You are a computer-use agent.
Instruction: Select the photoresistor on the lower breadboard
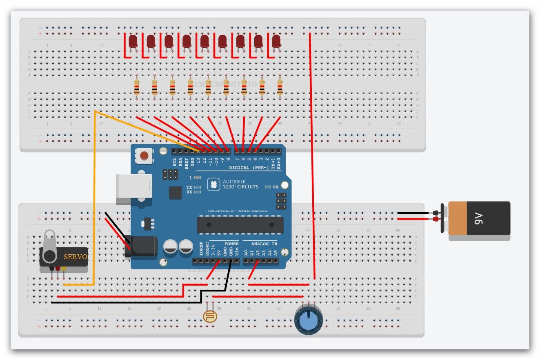(210, 316)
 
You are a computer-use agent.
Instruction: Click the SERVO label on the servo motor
(76, 257)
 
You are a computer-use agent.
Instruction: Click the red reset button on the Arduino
(144, 156)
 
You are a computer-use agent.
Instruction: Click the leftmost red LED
(133, 41)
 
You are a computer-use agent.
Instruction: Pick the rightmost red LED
(276, 41)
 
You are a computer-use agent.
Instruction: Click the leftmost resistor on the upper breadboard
(137, 87)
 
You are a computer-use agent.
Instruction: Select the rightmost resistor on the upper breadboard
(280, 87)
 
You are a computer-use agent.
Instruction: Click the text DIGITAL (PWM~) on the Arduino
(249, 168)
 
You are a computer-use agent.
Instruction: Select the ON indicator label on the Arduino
(275, 187)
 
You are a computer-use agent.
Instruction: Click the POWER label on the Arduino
(231, 244)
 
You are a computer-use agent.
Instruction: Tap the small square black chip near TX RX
(175, 193)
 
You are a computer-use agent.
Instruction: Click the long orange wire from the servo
(94, 196)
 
